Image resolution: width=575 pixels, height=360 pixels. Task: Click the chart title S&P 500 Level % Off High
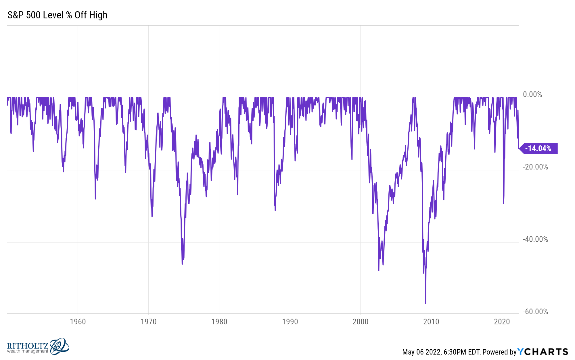[57, 15]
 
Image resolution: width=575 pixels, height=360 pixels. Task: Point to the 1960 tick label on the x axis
[78, 322]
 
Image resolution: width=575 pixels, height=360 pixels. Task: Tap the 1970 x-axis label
[148, 322]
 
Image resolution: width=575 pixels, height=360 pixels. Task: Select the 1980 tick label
[219, 322]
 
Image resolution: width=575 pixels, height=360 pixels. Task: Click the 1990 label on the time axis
[290, 322]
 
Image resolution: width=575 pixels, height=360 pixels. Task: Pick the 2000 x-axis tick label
[360, 322]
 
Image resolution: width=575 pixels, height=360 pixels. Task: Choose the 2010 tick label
[431, 322]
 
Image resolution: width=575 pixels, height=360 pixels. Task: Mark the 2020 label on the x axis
[502, 322]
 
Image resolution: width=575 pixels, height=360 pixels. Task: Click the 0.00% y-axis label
[532, 95]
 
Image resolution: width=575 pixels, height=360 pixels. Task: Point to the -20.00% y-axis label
[535, 167]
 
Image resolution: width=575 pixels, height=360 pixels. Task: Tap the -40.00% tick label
[535, 239]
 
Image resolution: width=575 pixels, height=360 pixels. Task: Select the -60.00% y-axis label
[535, 312]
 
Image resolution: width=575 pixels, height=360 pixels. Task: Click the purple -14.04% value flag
[538, 149]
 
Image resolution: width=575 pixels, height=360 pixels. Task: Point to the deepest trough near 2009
[425, 303]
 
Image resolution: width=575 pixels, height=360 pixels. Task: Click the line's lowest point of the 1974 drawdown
[182, 264]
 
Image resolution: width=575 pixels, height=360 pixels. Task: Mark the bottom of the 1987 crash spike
[275, 210]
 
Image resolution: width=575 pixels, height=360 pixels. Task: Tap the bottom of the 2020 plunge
[503, 203]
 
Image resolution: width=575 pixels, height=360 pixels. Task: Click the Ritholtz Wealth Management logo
[38, 346]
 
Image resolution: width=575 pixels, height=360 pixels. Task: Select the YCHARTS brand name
[543, 352]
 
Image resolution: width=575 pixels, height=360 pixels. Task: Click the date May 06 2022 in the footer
[421, 352]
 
